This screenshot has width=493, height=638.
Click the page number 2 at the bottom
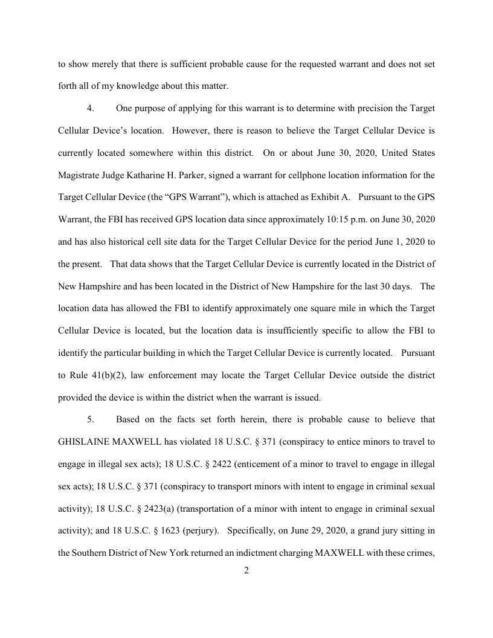[x=246, y=570]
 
